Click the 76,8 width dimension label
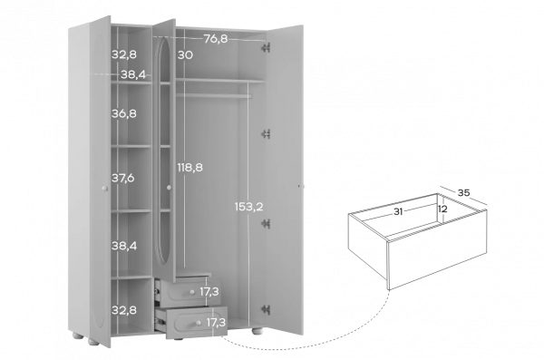click(216, 39)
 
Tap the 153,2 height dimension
click(248, 207)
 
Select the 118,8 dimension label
click(190, 168)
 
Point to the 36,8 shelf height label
click(124, 113)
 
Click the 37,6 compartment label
click(122, 178)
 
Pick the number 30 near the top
click(185, 54)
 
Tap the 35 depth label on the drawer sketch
click(463, 192)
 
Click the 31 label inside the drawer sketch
click(398, 211)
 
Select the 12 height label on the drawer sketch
click(442, 209)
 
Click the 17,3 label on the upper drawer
click(209, 292)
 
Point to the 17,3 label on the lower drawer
click(216, 323)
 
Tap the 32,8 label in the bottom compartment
click(124, 310)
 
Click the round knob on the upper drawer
click(192, 292)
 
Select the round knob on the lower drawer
click(198, 323)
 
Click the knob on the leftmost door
click(105, 188)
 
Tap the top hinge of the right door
click(266, 47)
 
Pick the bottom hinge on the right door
click(266, 309)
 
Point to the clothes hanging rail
click(213, 95)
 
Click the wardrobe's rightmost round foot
click(257, 330)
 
